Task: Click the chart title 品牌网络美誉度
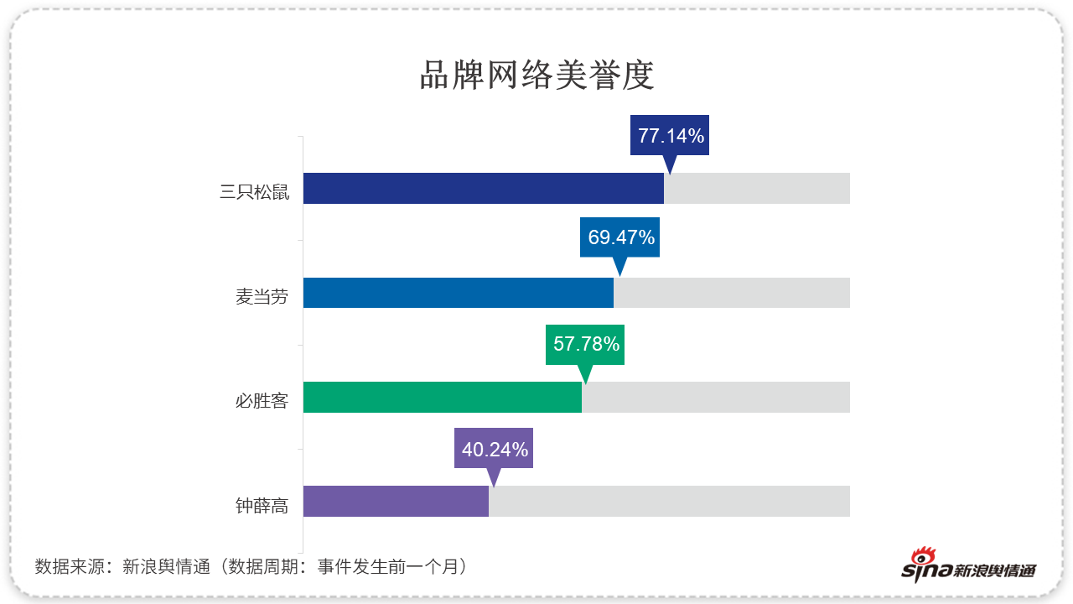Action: point(536,75)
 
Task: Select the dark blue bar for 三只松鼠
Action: point(483,188)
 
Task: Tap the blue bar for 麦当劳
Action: point(458,293)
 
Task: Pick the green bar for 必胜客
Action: point(442,397)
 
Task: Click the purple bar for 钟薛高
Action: point(396,501)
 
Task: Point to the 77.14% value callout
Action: point(670,135)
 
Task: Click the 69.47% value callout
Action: point(620,237)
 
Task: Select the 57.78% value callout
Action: point(585,343)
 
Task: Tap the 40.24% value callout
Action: point(494,449)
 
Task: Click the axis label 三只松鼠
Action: point(254,192)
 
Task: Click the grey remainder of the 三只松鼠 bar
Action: point(757,188)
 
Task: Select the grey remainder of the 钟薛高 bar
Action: point(669,501)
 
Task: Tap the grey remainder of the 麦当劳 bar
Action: point(732,293)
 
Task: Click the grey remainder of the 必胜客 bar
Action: point(716,397)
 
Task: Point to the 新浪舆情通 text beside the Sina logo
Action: point(995,571)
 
